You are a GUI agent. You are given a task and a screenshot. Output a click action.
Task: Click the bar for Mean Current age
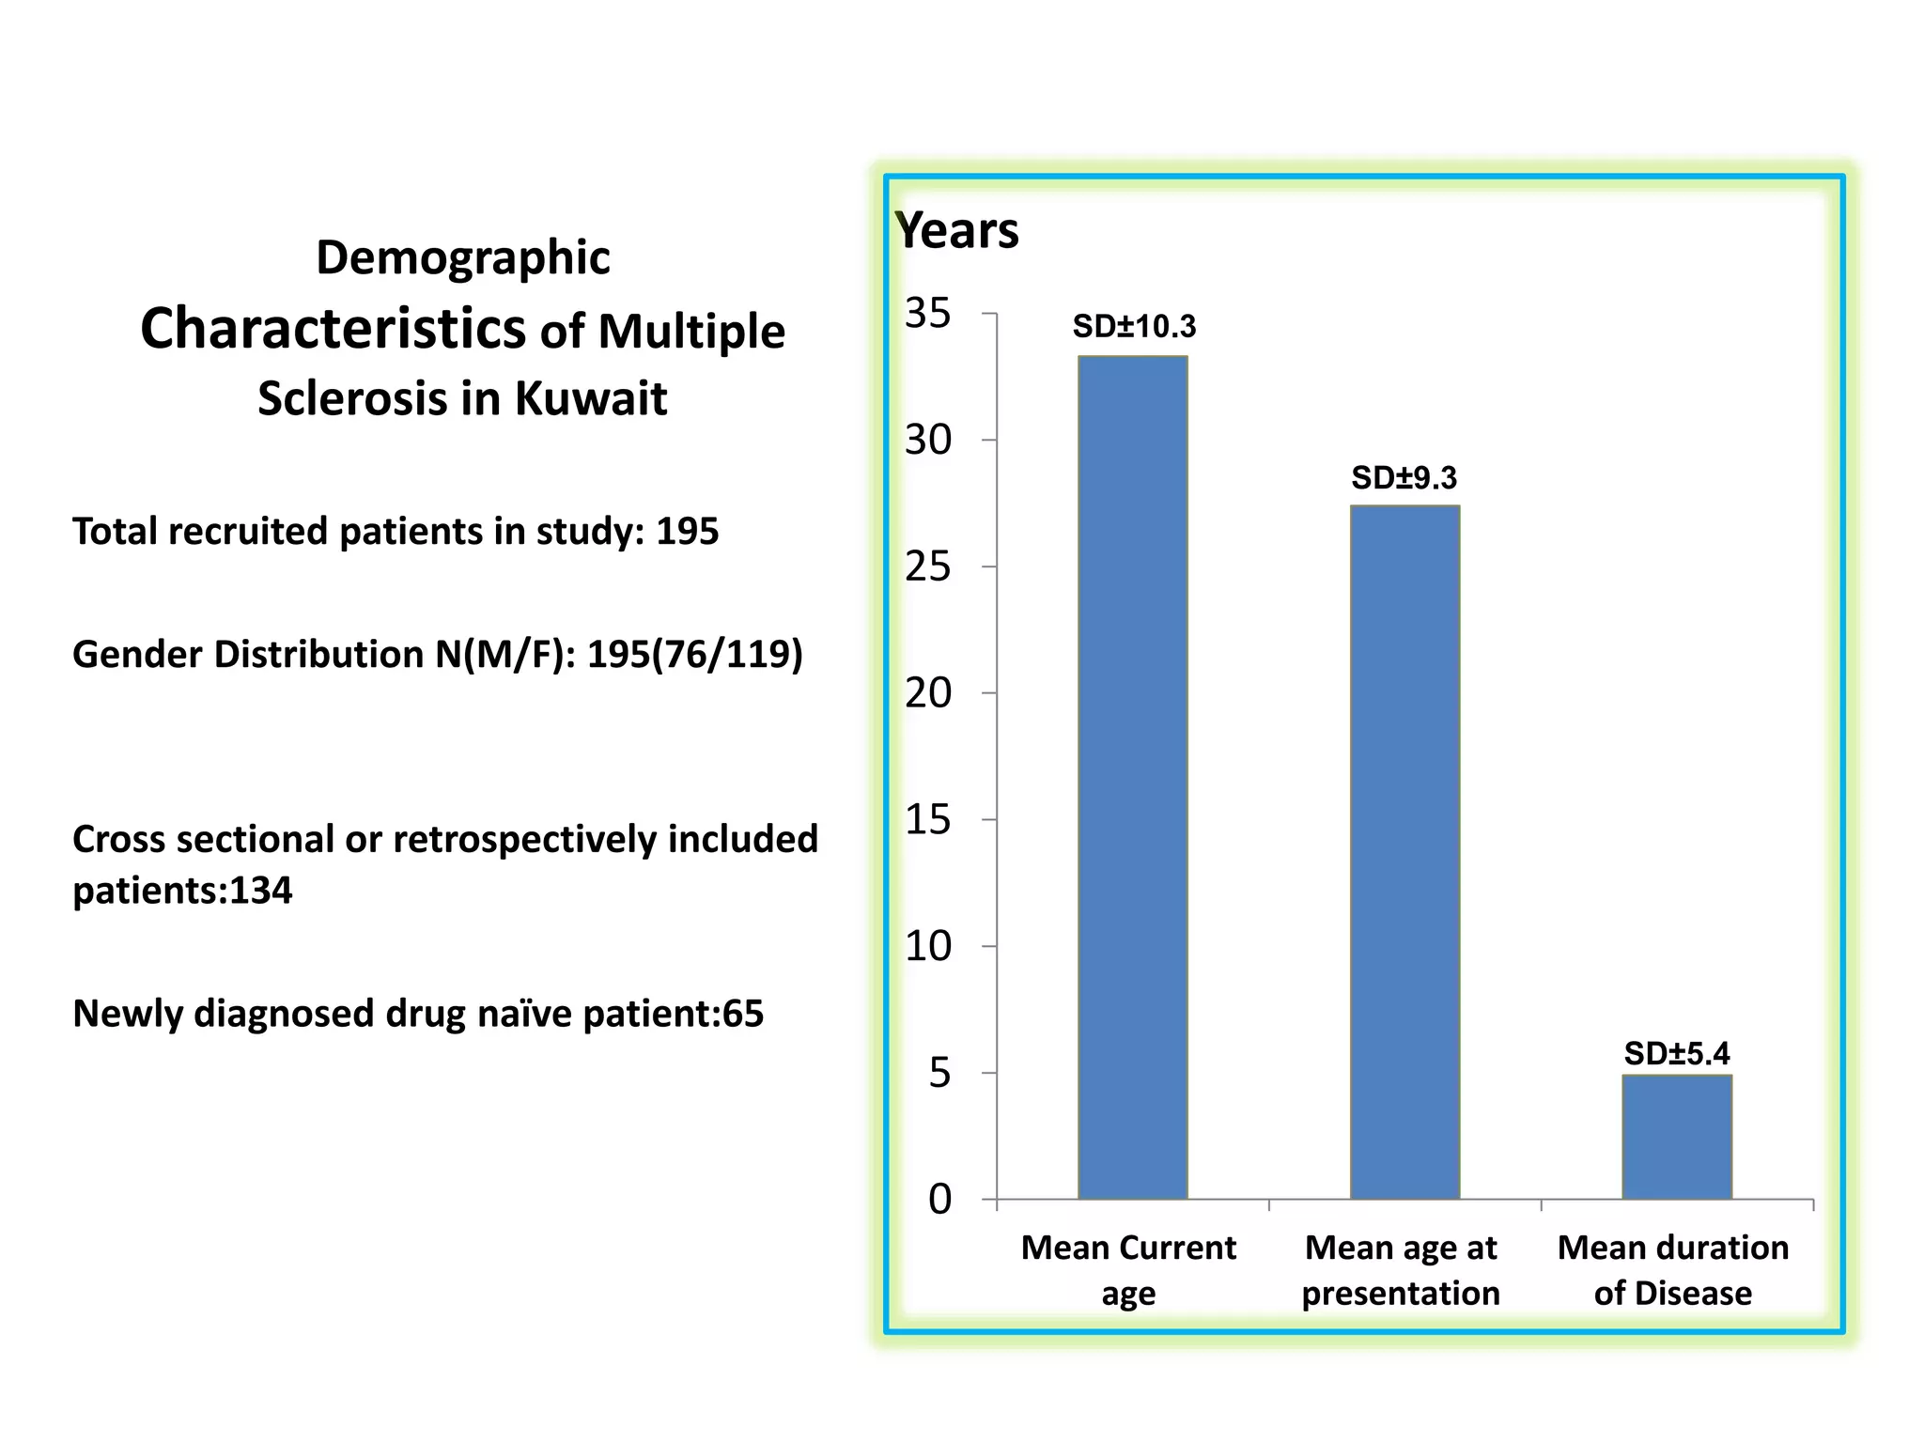point(1132,777)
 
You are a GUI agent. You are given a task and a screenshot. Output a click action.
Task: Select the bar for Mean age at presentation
point(1404,852)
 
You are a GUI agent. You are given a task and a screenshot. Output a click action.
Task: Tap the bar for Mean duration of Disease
point(1676,1137)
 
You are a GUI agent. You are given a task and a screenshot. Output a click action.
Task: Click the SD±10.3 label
point(1134,327)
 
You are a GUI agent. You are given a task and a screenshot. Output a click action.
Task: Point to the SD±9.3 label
point(1404,478)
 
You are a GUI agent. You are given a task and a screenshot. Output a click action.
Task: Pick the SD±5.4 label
point(1676,1054)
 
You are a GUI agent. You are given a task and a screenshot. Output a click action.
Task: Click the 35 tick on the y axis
point(927,313)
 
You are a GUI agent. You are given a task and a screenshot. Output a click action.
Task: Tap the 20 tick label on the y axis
point(927,693)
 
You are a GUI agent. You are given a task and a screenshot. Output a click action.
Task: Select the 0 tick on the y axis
point(939,1200)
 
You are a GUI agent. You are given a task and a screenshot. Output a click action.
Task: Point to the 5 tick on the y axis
point(939,1073)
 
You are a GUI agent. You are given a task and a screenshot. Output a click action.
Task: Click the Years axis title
point(956,230)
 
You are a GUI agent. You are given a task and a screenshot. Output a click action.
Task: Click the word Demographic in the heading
point(462,257)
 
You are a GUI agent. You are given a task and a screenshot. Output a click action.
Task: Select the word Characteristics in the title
point(333,329)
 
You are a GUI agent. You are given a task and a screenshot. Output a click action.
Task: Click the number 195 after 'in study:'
point(687,532)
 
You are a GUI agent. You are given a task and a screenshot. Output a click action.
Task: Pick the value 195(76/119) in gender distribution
point(694,654)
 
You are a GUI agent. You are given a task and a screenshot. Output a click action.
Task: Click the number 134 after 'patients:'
point(261,891)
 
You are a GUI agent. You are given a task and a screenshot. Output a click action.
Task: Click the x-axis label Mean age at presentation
point(1401,1270)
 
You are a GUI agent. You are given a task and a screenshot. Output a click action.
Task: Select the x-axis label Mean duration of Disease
point(1672,1270)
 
